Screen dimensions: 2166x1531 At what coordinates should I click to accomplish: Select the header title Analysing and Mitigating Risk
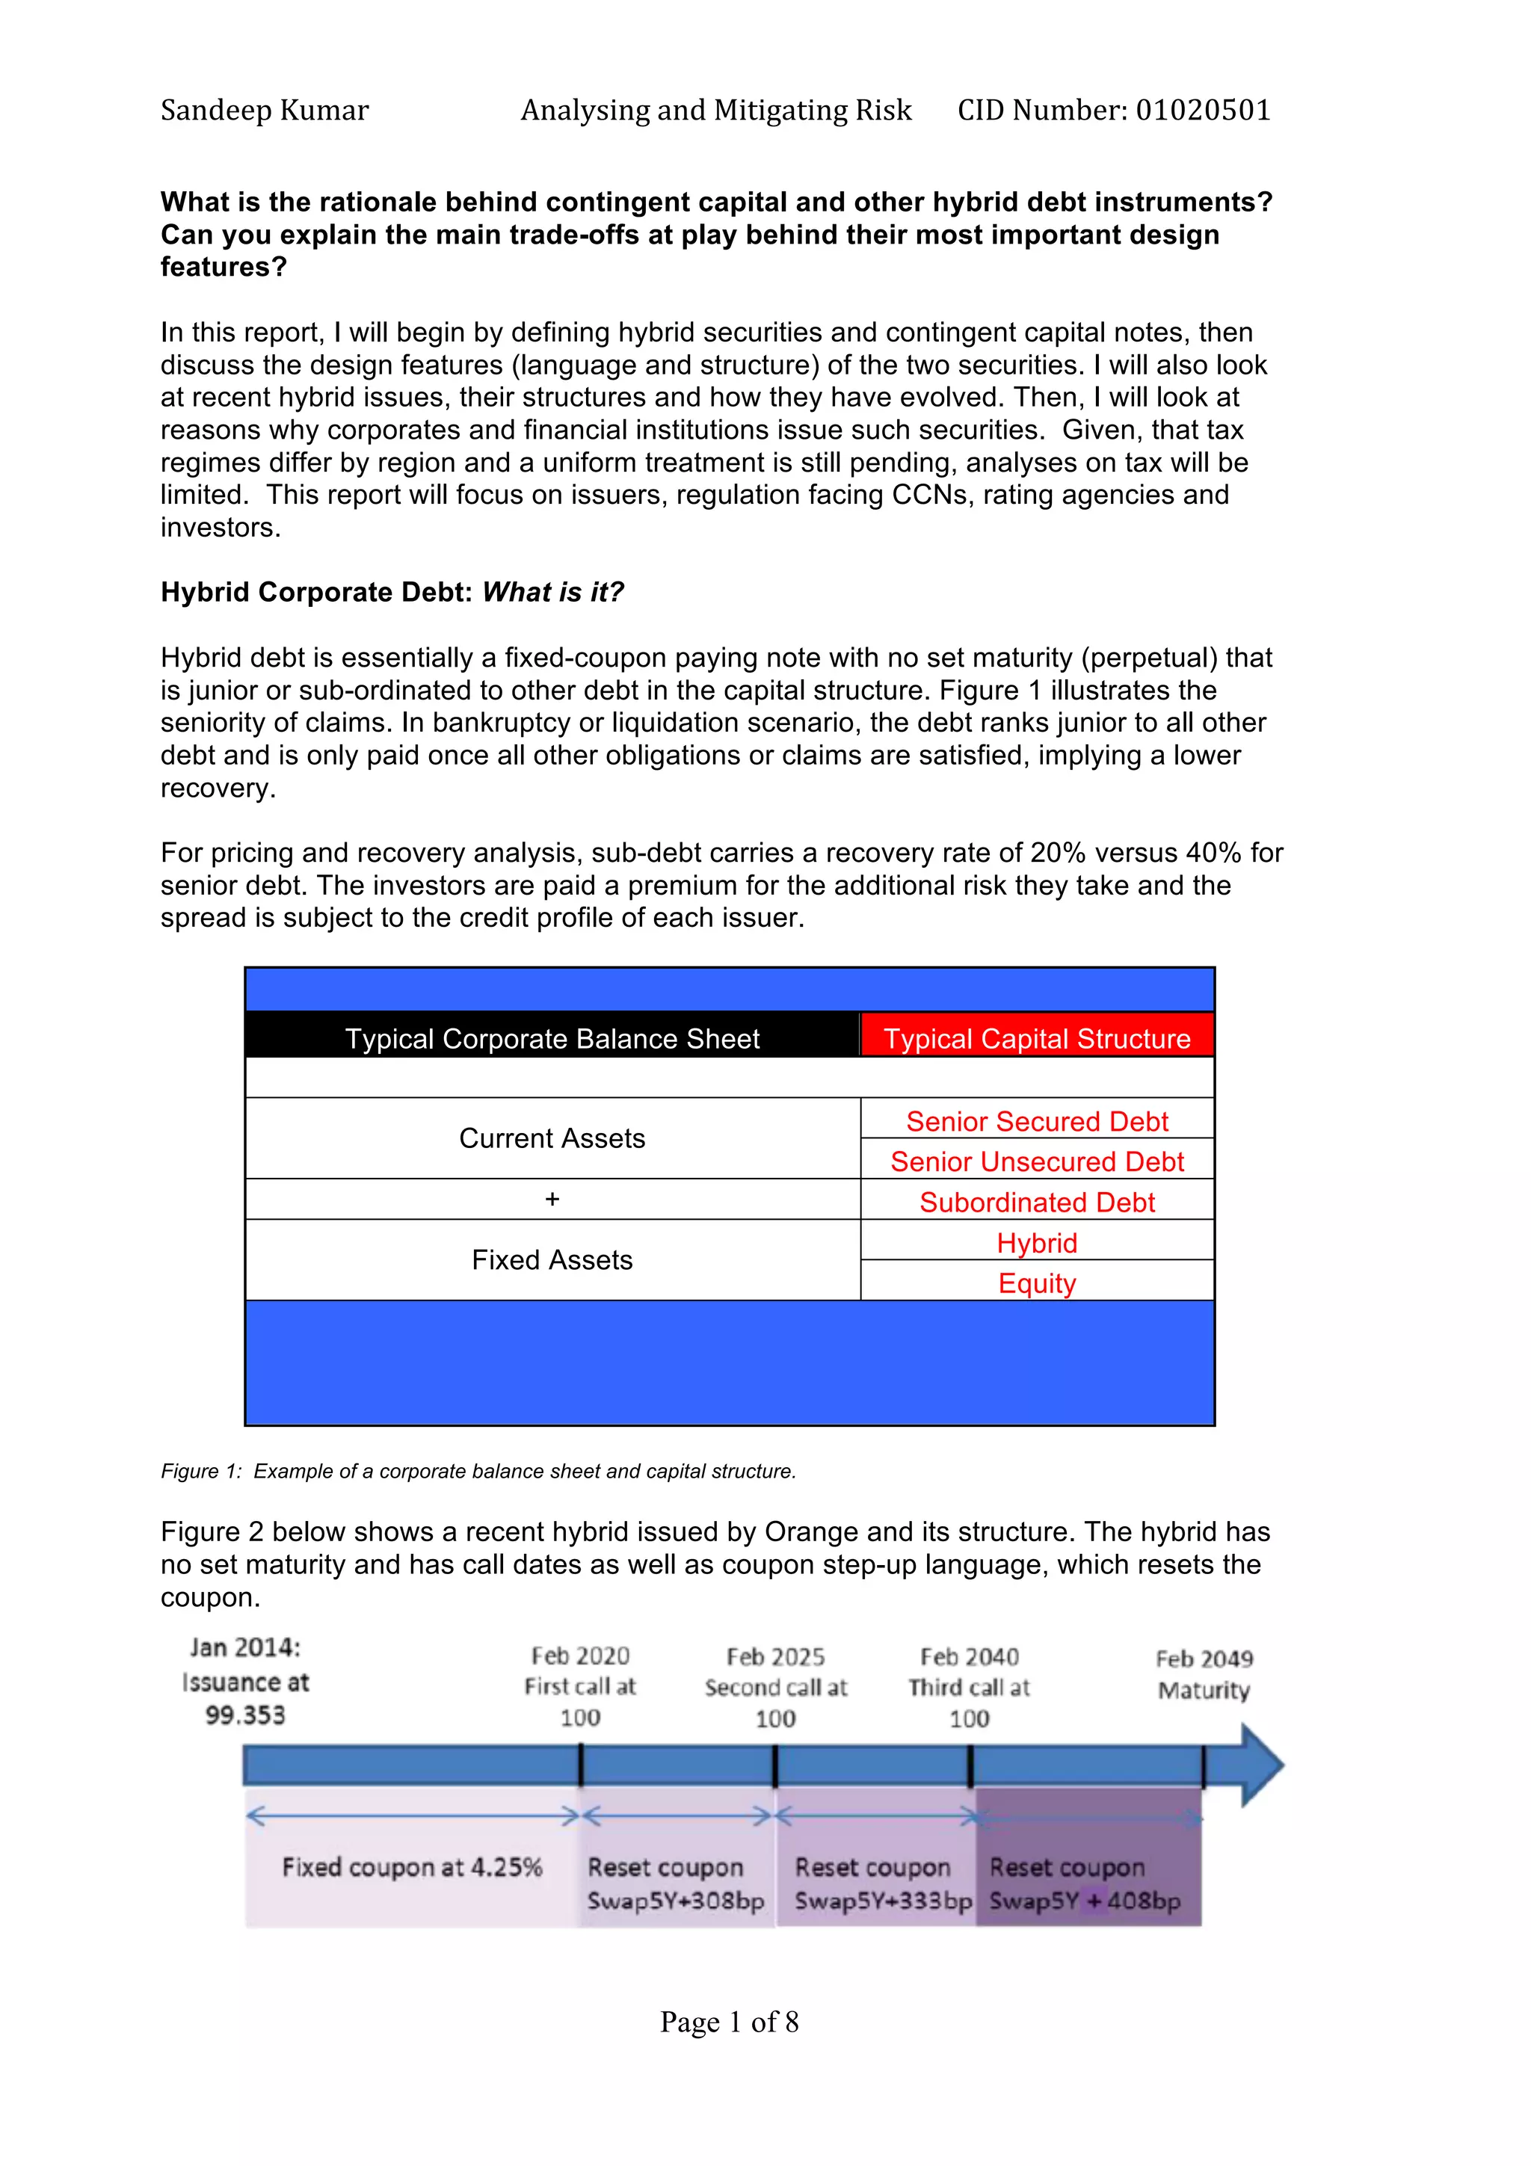[x=716, y=111]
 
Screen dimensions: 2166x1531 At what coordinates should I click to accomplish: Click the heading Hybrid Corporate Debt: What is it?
[x=392, y=593]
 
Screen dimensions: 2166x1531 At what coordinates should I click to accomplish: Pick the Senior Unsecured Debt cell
[x=1037, y=1161]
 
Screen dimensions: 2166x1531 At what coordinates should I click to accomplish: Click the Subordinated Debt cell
[x=1037, y=1202]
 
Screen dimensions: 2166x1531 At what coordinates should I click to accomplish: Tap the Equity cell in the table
[x=1037, y=1283]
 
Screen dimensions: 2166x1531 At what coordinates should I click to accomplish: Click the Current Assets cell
[x=552, y=1138]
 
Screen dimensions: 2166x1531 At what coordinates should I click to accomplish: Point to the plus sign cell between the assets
[x=552, y=1199]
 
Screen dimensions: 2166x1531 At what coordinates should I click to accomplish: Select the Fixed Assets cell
[x=552, y=1259]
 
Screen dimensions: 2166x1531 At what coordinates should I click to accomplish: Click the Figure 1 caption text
[x=478, y=1472]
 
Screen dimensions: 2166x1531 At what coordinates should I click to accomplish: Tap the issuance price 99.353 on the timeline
[x=245, y=1715]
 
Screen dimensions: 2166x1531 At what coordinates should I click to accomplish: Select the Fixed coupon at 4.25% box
[x=412, y=1868]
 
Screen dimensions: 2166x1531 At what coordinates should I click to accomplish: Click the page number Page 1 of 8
[x=729, y=2022]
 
